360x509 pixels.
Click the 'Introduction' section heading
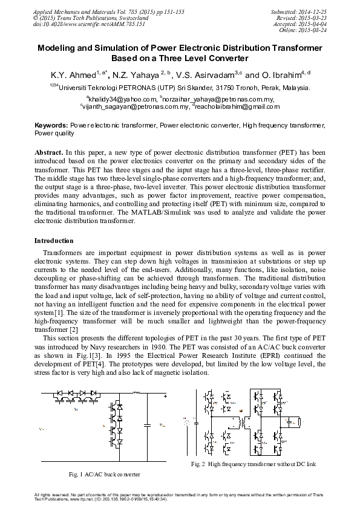(x=54, y=241)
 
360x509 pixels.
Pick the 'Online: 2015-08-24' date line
(x=312, y=29)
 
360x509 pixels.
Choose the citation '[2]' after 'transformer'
(x=74, y=330)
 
